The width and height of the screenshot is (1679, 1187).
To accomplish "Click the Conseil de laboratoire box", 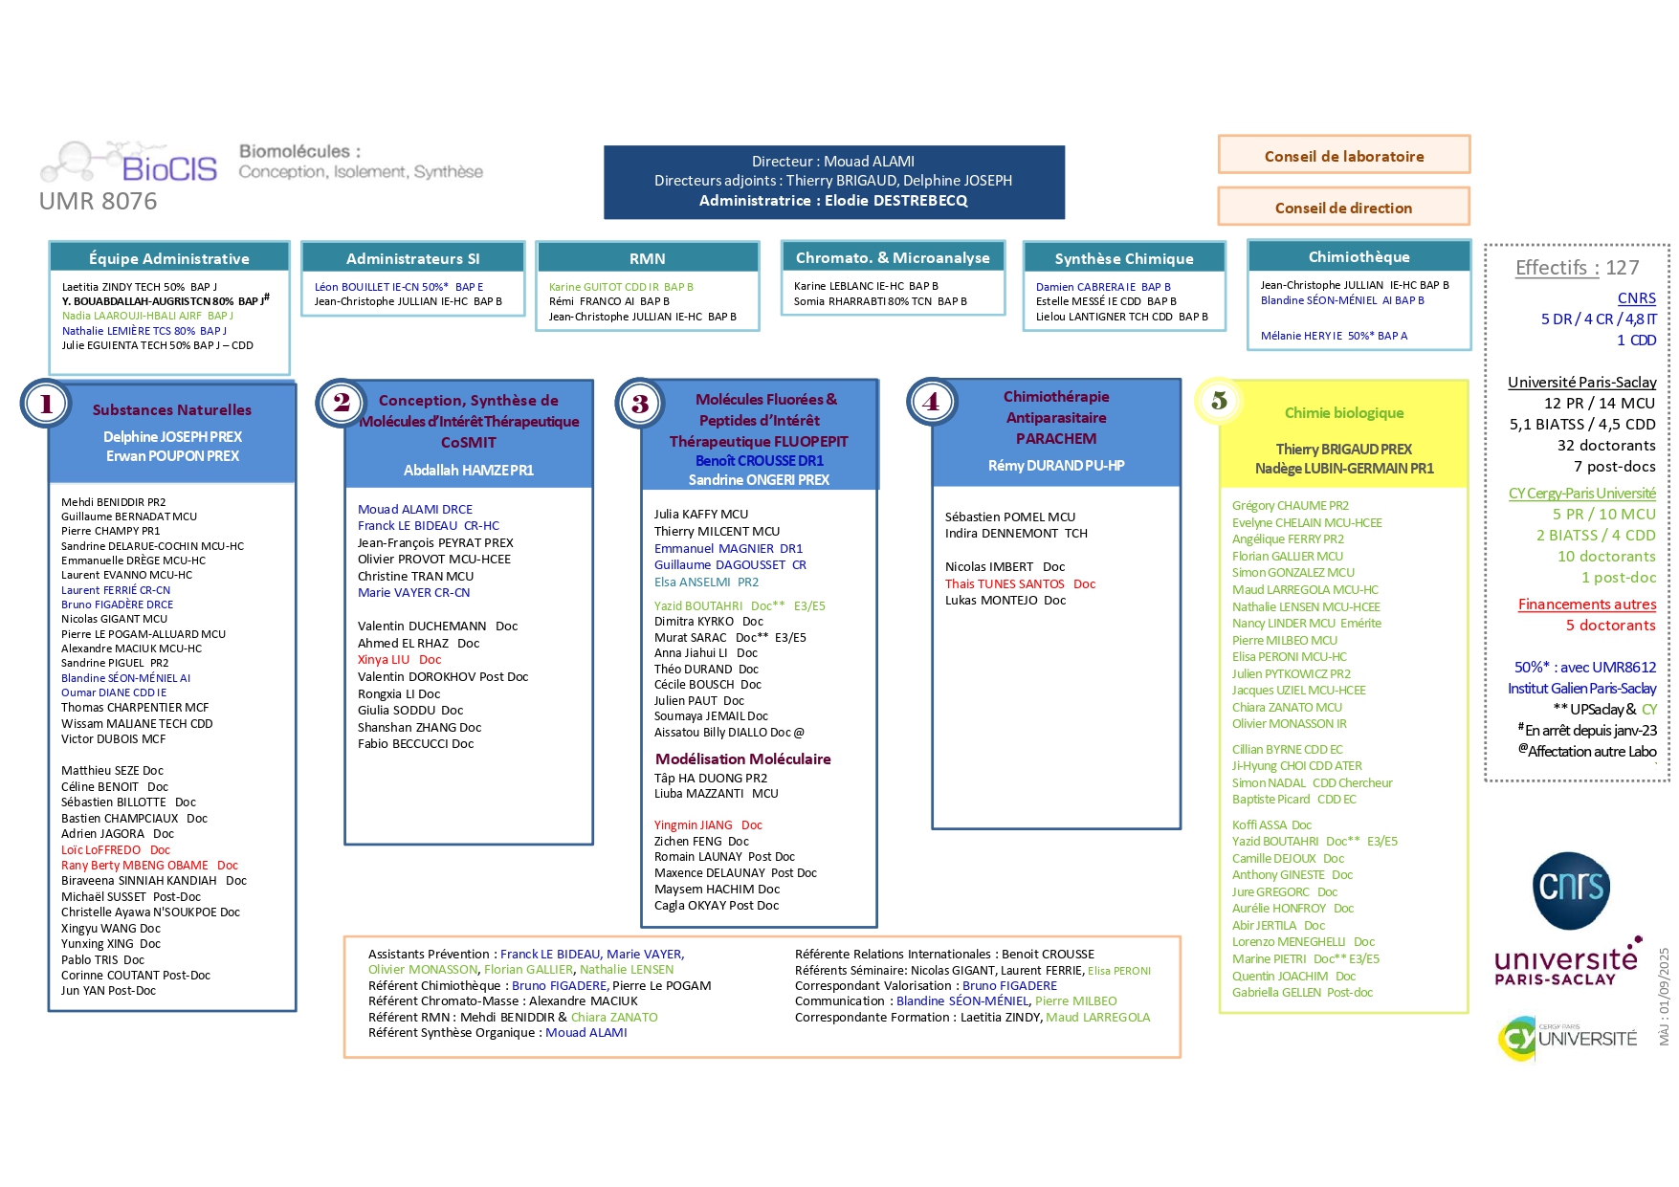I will click(1343, 156).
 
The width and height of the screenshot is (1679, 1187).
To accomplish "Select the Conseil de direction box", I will click(1343, 208).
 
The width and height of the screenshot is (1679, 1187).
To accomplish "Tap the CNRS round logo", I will click(1571, 890).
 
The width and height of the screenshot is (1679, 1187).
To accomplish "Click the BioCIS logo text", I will click(169, 169).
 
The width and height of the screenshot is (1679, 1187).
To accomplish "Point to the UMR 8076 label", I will click(98, 202).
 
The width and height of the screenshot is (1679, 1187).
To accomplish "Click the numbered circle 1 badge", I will click(45, 404).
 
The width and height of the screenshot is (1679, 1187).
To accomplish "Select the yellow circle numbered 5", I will click(1219, 401).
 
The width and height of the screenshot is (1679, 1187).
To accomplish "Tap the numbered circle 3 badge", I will click(640, 403).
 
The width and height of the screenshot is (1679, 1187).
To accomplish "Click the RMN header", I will click(648, 258).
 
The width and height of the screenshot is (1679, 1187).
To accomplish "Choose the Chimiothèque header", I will click(1359, 256).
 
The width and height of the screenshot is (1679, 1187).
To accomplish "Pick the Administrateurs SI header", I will click(413, 258).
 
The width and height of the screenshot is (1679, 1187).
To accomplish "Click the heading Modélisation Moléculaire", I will click(742, 758).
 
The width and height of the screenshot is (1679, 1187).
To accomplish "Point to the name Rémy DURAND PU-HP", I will click(1056, 466).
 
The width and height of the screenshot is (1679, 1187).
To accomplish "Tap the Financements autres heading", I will click(1586, 604).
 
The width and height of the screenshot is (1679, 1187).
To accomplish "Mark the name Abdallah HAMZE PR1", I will click(469, 471).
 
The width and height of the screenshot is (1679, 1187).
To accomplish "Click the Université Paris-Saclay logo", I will click(1568, 962).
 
